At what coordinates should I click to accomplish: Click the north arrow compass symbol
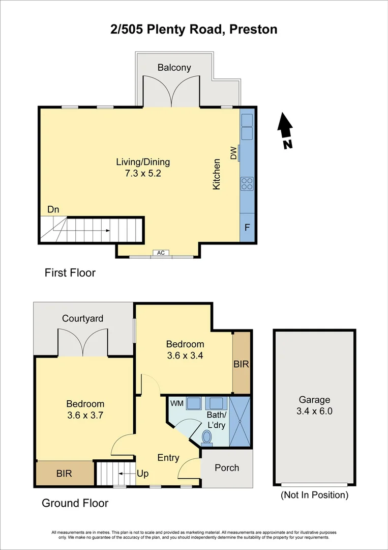(x=286, y=131)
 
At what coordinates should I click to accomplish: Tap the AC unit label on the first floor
(x=161, y=253)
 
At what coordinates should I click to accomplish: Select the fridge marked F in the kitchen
(x=247, y=227)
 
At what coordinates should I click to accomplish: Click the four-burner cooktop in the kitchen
(x=247, y=183)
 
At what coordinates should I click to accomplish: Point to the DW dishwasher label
(x=234, y=153)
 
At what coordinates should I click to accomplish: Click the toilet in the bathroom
(x=207, y=437)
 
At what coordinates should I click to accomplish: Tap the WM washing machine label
(x=176, y=403)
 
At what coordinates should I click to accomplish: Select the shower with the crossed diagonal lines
(x=240, y=421)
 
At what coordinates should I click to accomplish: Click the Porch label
(x=227, y=468)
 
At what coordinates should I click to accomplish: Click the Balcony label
(x=174, y=67)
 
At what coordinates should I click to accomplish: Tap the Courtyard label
(x=82, y=318)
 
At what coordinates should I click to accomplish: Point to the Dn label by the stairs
(x=53, y=209)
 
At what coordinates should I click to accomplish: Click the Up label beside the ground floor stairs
(x=143, y=474)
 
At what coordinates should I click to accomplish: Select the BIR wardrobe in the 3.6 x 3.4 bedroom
(x=241, y=364)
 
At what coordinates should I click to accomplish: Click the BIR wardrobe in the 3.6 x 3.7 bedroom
(x=64, y=474)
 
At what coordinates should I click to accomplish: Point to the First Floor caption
(x=70, y=273)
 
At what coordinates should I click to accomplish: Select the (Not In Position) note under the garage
(x=314, y=495)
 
